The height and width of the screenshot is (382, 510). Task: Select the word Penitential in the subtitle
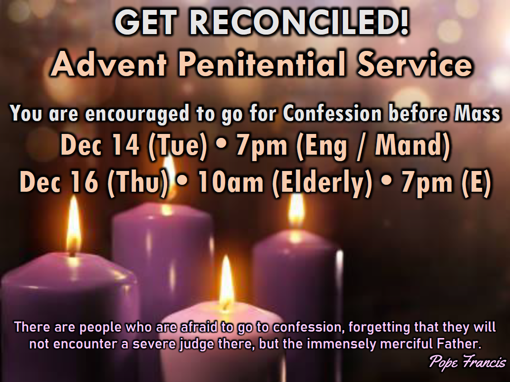(x=262, y=64)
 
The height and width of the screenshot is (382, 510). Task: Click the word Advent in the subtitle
(x=109, y=64)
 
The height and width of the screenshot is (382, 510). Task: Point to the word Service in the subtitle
(x=414, y=64)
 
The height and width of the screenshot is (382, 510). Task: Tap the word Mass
(x=477, y=113)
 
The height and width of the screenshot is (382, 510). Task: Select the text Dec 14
(x=100, y=145)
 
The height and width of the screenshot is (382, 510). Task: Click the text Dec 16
(x=59, y=182)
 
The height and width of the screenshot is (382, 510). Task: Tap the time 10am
(x=231, y=182)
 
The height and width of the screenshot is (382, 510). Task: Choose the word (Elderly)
(x=322, y=182)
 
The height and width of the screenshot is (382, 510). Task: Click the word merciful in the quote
(x=407, y=343)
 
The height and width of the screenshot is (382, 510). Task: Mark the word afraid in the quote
(x=198, y=327)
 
